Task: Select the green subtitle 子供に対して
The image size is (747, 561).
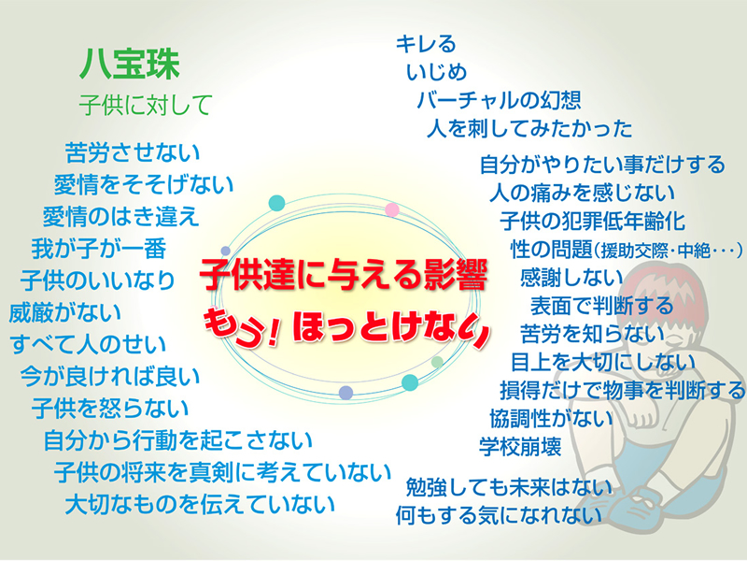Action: [145, 102]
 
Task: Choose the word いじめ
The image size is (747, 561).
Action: [437, 71]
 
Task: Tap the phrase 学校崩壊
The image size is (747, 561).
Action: [520, 446]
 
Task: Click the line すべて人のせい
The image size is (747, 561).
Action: [89, 344]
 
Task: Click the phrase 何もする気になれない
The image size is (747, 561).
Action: [499, 513]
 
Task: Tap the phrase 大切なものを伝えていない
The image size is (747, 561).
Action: [200, 505]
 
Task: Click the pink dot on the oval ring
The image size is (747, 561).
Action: [392, 209]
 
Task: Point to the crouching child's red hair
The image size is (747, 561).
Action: [654, 280]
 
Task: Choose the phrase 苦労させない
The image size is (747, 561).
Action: [133, 151]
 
